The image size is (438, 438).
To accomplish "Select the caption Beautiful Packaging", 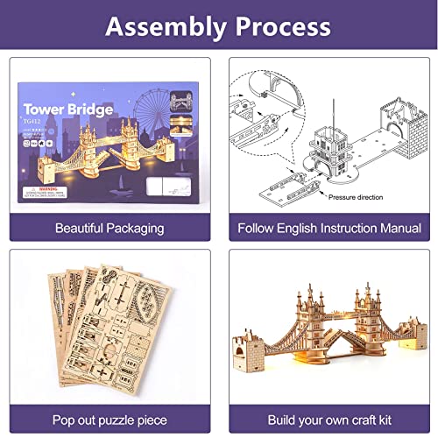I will (109, 229).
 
